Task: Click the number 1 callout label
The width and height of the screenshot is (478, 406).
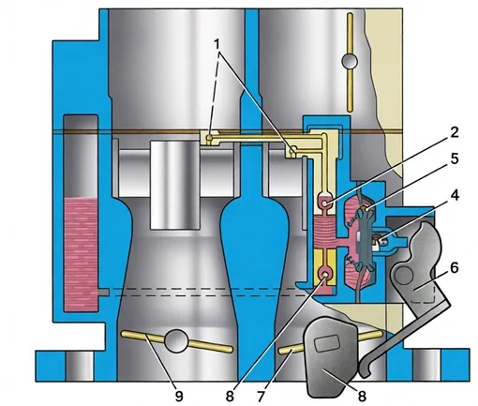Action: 217,44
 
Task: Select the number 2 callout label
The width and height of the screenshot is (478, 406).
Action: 454,132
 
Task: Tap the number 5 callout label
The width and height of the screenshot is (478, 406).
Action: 454,158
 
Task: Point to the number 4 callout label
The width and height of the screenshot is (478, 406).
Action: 455,196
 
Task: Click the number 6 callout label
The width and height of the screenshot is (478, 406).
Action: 454,267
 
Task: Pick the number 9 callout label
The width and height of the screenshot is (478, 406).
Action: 179,396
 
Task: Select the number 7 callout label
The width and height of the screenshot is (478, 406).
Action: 261,396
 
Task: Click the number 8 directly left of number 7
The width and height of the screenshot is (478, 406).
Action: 230,396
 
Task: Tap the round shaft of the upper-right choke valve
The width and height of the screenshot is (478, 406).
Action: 350,62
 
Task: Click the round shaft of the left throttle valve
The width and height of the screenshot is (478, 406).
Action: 176,340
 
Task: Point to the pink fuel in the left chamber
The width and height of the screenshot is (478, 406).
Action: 80,254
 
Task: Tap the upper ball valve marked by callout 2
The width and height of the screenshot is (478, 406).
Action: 325,203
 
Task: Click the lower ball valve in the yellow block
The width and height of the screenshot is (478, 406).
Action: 325,275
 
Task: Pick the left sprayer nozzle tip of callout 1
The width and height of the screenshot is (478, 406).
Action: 210,138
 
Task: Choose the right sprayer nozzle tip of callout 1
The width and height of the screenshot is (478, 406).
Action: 292,152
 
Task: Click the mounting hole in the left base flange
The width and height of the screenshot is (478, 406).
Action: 80,366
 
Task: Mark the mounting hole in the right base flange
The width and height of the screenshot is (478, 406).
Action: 426,366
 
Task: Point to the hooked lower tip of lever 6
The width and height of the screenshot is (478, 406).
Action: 364,370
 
